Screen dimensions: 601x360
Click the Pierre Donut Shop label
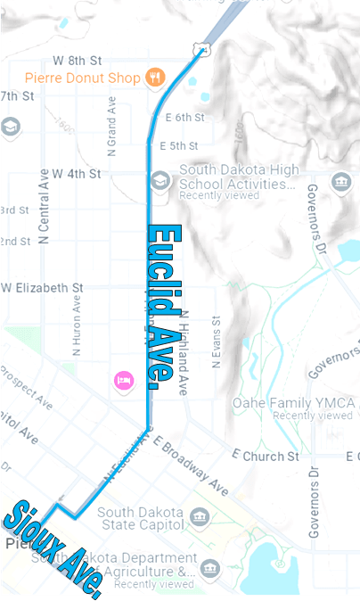[82, 78]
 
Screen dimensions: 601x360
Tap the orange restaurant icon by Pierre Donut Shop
[156, 77]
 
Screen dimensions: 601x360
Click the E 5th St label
[178, 145]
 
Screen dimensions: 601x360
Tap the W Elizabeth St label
[43, 288]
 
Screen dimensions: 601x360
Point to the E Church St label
[265, 457]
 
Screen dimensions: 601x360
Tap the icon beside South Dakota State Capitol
[200, 517]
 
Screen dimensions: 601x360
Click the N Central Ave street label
[44, 206]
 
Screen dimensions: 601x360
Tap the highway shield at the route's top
[204, 48]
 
